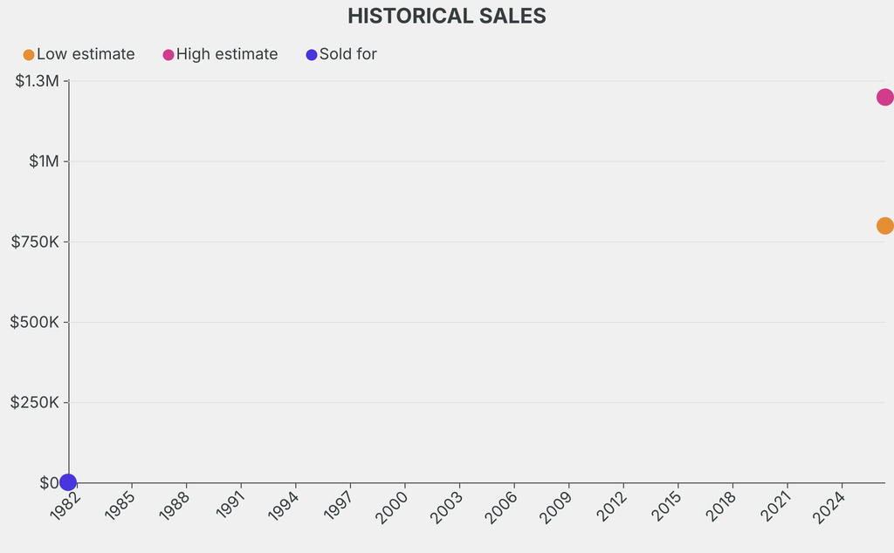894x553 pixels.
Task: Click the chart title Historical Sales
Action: [446, 16]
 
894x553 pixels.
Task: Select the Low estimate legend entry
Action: [79, 54]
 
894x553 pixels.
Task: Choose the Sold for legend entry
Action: [341, 54]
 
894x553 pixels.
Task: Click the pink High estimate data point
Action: [884, 97]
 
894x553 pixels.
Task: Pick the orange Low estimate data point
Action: [884, 226]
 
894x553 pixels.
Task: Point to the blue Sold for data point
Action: [68, 482]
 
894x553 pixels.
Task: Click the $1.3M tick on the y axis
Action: [37, 81]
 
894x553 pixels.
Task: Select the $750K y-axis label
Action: [35, 242]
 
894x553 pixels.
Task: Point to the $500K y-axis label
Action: [34, 322]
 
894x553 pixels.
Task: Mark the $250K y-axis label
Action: [34, 402]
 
